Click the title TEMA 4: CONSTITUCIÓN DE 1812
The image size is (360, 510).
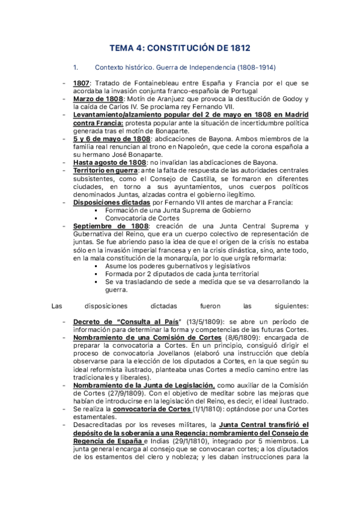tap(180, 46)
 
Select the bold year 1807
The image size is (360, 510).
tap(82, 82)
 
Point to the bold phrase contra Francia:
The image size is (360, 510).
tap(98, 121)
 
